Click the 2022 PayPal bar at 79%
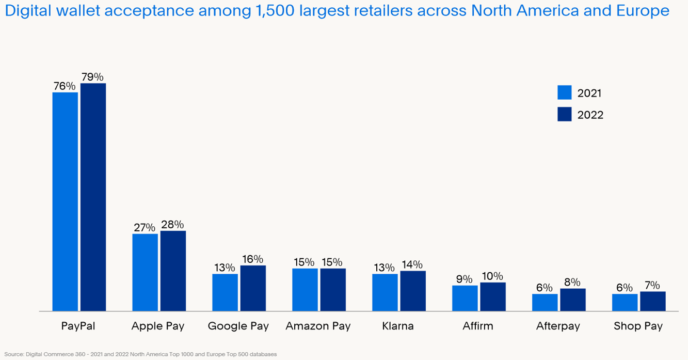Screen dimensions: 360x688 pyautogui.click(x=93, y=196)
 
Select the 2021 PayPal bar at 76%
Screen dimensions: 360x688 pyautogui.click(x=65, y=201)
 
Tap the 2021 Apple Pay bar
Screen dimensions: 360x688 pyautogui.click(x=145, y=272)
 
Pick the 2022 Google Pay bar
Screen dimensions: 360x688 pyautogui.click(x=253, y=288)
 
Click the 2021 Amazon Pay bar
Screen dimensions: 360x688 pyautogui.click(x=305, y=289)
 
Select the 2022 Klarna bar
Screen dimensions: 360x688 pyautogui.click(x=413, y=291)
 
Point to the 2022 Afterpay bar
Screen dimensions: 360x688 pyautogui.click(x=573, y=300)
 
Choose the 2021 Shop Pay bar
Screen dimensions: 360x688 pyautogui.click(x=625, y=302)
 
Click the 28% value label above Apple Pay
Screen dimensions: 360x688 pyautogui.click(x=172, y=225)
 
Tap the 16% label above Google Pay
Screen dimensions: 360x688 pyautogui.click(x=252, y=259)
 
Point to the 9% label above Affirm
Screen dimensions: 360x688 pyautogui.click(x=464, y=279)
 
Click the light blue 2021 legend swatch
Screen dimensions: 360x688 pyautogui.click(x=565, y=92)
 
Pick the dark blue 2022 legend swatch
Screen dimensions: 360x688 pyautogui.click(x=565, y=114)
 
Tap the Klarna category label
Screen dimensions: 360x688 pyautogui.click(x=398, y=326)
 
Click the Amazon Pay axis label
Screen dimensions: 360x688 pyautogui.click(x=318, y=326)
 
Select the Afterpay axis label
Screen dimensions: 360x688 pyautogui.click(x=558, y=326)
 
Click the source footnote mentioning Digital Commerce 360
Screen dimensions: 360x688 pyautogui.click(x=140, y=354)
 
